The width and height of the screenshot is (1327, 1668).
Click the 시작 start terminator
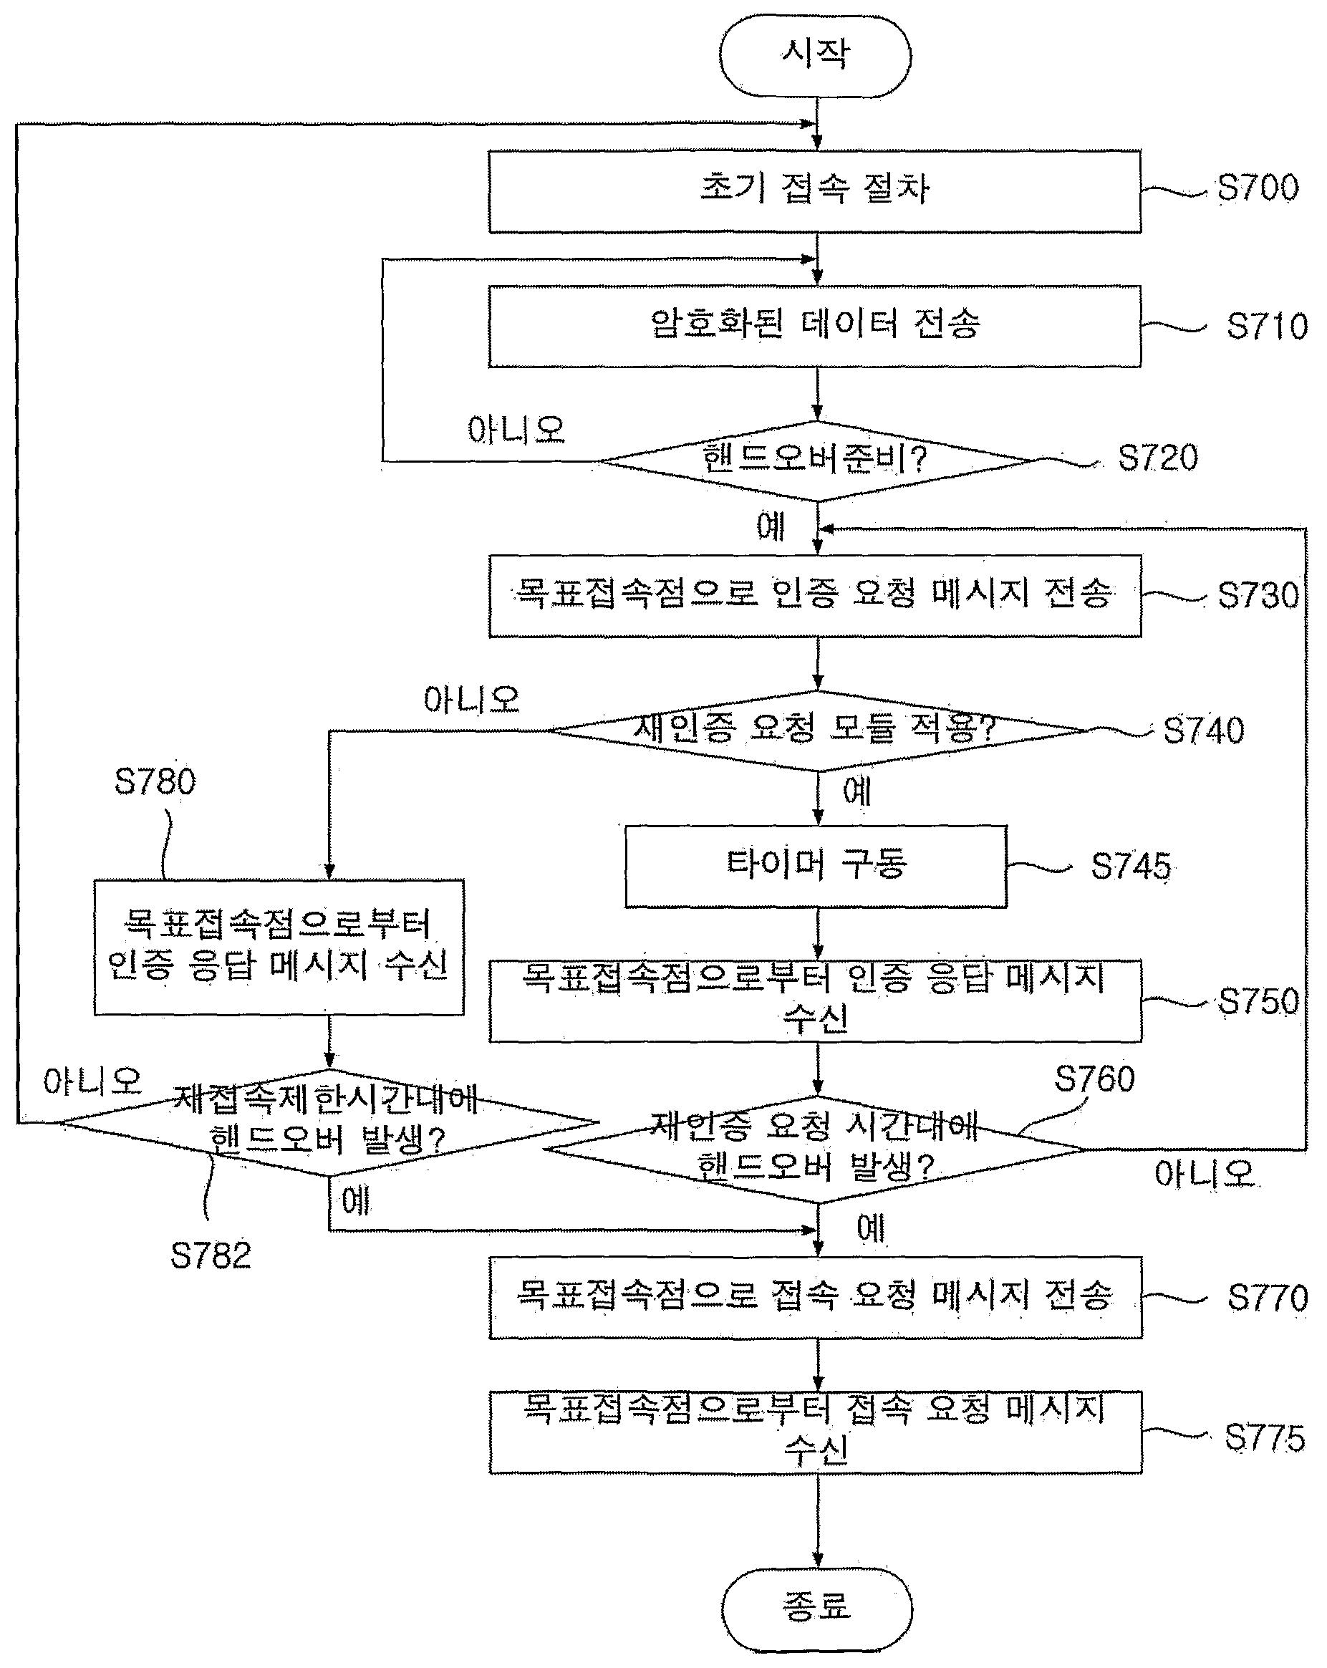point(815,56)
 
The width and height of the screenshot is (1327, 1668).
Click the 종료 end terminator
point(817,1610)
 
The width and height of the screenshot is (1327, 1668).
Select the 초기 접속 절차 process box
point(815,191)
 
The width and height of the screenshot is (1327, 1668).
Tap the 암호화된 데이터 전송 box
point(815,326)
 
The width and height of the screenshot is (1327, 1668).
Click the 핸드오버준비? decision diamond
point(817,461)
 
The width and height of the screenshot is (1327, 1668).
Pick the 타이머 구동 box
point(816,867)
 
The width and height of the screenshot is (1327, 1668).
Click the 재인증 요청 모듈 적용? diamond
point(817,731)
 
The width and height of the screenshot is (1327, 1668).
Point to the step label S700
point(1258,188)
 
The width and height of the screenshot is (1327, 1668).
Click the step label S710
point(1267,327)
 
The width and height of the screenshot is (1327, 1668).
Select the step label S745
point(1131,867)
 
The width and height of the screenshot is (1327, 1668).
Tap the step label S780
point(155,781)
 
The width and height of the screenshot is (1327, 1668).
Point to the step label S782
point(211,1255)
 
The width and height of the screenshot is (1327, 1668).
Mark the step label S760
point(1094,1079)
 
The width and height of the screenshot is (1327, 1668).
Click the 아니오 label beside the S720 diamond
point(516,430)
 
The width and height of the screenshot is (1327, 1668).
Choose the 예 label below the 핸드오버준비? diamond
point(771,527)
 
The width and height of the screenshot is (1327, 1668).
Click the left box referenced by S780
point(279,947)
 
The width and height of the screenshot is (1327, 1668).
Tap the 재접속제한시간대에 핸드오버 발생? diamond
point(329,1122)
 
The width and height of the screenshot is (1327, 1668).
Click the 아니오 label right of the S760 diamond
point(1204,1175)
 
